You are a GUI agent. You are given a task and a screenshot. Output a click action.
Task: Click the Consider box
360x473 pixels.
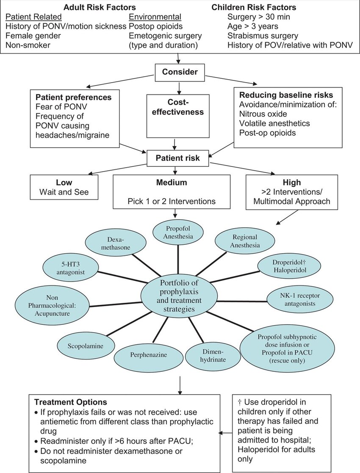coord(180,72)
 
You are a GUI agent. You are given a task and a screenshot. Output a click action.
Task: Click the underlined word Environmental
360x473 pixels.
coord(155,17)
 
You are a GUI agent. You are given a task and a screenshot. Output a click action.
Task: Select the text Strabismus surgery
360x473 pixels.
coord(263,36)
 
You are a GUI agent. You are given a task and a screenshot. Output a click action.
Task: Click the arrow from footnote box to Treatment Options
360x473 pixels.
coord(227,433)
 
